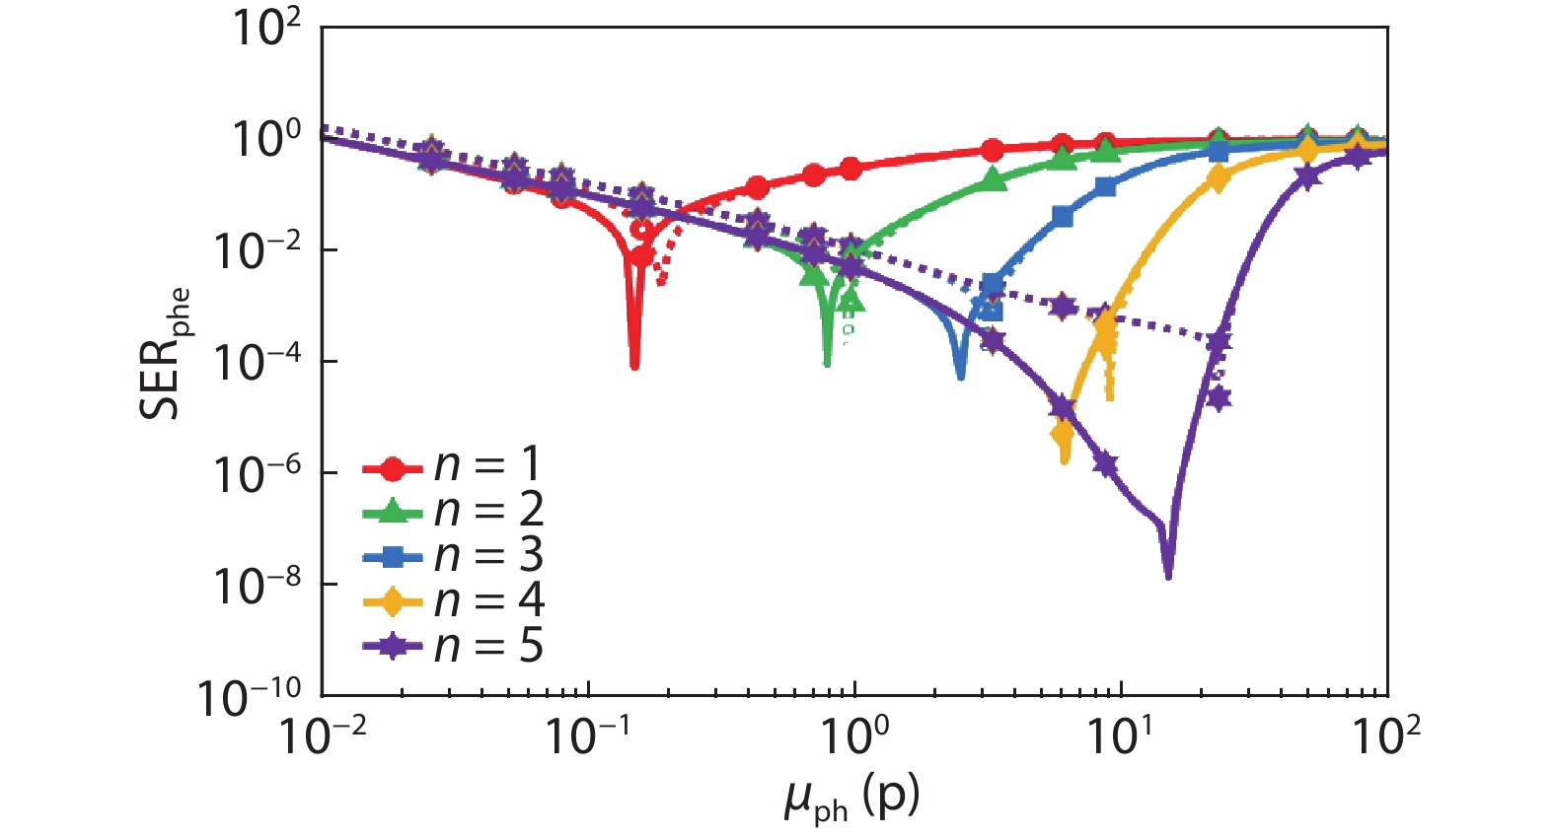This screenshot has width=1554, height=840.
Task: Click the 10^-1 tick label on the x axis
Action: pos(589,735)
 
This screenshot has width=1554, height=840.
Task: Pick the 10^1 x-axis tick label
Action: pos(1120,735)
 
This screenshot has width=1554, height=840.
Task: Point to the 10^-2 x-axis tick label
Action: pos(323,735)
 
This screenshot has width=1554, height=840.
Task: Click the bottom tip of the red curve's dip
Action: pos(634,367)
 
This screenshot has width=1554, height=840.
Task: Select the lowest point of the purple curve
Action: pos(1168,577)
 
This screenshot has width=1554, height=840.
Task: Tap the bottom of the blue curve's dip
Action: pos(961,378)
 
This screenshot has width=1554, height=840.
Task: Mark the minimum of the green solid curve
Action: pos(827,365)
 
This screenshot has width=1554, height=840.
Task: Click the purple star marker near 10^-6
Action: pos(1105,463)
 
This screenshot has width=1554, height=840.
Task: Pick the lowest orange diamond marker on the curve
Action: pos(1063,433)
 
